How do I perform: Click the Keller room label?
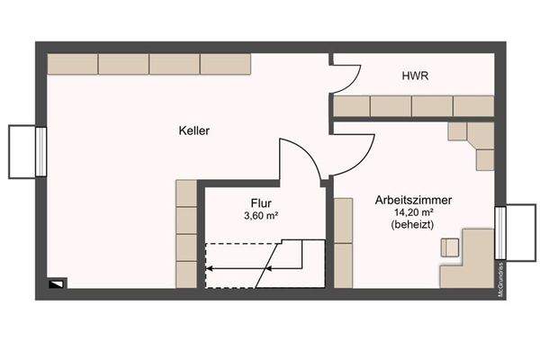(x=193, y=131)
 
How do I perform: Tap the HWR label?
(x=413, y=77)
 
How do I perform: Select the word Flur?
(x=262, y=203)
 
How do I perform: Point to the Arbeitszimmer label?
(x=413, y=200)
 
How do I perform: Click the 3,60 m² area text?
(x=261, y=216)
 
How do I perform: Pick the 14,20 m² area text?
(x=413, y=212)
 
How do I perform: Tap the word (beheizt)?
(x=413, y=225)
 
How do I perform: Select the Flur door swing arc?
(x=301, y=158)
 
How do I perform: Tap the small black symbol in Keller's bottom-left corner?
(x=57, y=283)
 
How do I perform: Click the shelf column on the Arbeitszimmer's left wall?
(x=343, y=242)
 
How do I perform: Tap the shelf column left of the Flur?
(x=185, y=234)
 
